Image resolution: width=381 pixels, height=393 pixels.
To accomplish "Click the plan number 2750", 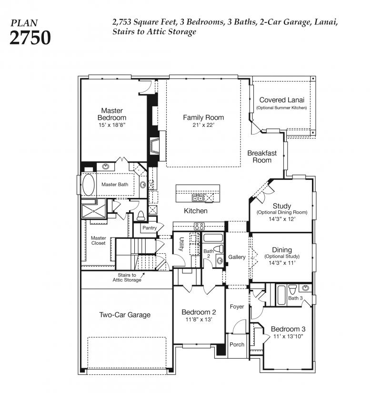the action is coord(30,38).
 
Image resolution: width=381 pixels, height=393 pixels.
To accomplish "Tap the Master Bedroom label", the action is coord(112,114).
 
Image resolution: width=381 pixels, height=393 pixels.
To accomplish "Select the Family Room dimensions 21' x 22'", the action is coord(203,125).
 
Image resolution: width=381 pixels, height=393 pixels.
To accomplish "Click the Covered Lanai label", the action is coord(281,100).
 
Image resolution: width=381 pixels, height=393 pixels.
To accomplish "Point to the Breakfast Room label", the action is coord(262,156).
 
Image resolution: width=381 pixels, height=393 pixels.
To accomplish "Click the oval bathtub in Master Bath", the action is coord(89,185).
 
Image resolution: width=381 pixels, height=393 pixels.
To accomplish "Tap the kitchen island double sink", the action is coord(198,198).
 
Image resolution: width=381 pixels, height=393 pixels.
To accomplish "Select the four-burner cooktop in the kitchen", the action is coord(199,227).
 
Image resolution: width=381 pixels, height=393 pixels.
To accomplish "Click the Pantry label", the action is coord(150,228).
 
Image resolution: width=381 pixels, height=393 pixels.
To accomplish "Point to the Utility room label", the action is coord(182,244).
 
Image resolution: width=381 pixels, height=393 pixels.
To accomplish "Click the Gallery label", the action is coord(237,257).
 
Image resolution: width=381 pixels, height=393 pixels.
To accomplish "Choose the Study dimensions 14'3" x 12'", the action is coord(282,219).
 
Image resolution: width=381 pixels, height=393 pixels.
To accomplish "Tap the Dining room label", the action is coord(282,249).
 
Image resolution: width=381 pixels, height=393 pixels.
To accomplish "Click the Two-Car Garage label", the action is coord(125,315).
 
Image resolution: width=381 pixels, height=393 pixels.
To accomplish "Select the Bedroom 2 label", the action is coord(199,312).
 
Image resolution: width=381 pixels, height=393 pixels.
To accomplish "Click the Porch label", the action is coord(237,345).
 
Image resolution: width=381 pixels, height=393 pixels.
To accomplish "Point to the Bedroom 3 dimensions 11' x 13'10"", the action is coord(288,336).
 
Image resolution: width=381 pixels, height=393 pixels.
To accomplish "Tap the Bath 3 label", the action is coord(295,298).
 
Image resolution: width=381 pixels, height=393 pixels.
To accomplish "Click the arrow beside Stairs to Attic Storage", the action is coord(142,275).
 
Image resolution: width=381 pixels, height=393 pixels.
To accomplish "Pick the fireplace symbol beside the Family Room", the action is coord(154,145).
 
